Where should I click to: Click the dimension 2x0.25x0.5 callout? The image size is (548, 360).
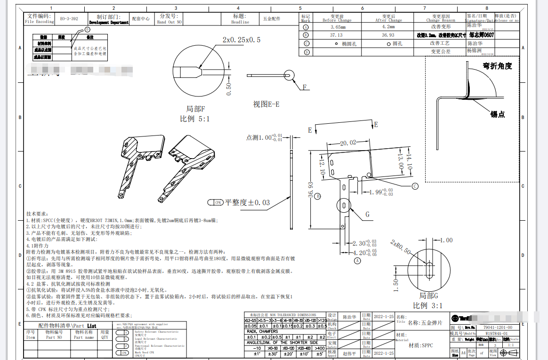[x=241, y=40]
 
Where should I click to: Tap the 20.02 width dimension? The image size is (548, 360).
[x=348, y=143]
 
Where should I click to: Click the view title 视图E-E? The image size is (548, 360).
[x=266, y=104]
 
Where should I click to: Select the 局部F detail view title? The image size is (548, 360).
[x=195, y=109]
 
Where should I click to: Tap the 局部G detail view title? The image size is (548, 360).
[x=428, y=296]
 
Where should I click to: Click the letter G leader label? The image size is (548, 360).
[x=367, y=215]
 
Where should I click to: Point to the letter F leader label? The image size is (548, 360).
[x=305, y=87]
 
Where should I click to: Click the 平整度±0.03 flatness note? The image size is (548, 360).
[x=247, y=202]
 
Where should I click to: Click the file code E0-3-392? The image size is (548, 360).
[x=69, y=19]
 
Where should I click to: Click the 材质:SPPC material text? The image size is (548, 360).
[x=420, y=345]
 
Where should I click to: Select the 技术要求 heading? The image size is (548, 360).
[x=37, y=213]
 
